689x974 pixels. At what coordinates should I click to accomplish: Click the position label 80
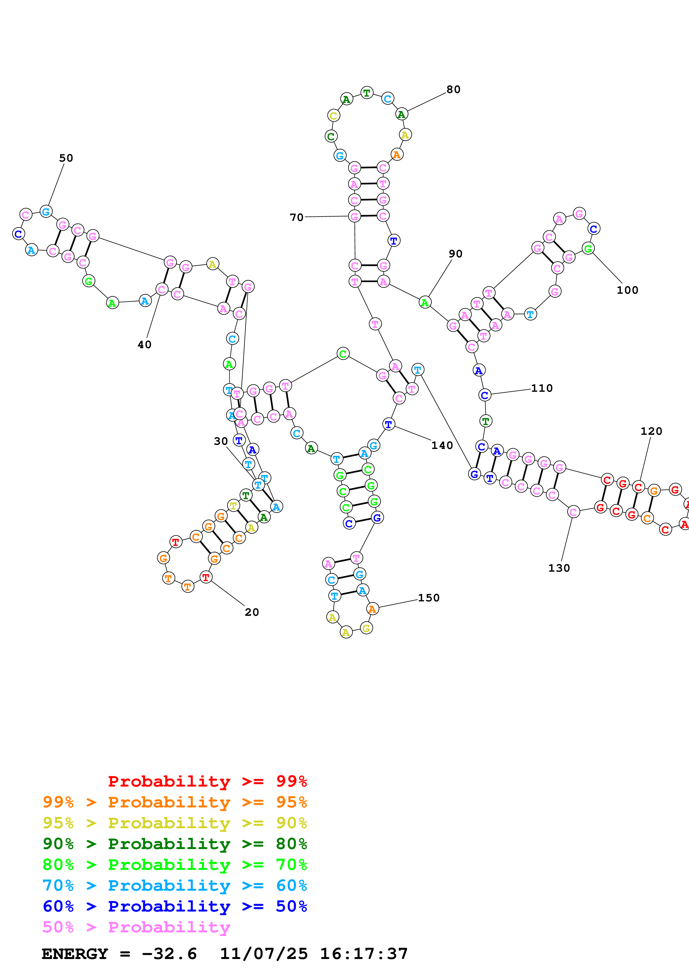click(453, 89)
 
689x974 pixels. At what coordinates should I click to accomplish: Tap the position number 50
click(66, 158)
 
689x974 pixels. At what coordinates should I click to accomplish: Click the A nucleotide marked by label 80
click(401, 114)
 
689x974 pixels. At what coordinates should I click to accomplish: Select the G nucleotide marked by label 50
click(46, 211)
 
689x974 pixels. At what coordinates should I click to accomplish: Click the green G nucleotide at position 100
click(588, 248)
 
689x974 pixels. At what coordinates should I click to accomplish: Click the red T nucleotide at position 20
click(206, 577)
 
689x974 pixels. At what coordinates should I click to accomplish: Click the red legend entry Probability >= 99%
click(207, 781)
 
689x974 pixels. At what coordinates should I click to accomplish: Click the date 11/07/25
click(263, 954)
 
